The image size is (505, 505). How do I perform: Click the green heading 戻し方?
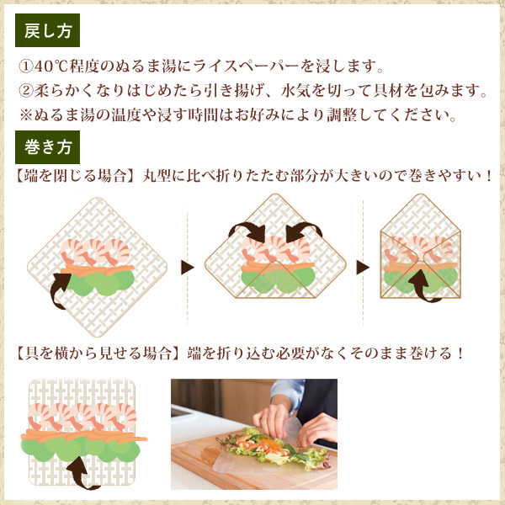[48, 29]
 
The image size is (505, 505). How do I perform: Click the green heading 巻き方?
[48, 149]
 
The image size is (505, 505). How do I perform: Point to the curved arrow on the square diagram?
[83, 470]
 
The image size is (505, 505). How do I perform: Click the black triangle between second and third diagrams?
[363, 267]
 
